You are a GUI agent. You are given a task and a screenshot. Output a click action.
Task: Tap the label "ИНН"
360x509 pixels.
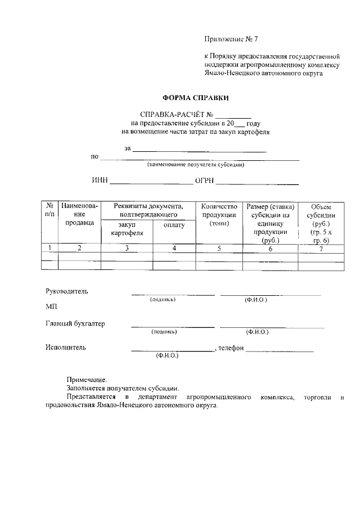(99, 181)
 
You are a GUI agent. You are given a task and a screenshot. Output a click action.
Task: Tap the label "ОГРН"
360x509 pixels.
(204, 181)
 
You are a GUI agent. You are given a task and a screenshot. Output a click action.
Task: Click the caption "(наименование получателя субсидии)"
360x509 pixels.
(195, 165)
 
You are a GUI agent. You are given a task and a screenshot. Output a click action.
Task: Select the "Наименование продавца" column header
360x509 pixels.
(79, 214)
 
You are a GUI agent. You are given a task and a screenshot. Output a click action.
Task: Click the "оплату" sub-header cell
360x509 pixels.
(174, 225)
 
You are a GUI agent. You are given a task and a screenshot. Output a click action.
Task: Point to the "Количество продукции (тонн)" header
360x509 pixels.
(218, 215)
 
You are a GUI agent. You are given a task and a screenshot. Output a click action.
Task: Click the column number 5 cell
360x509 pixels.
(218, 248)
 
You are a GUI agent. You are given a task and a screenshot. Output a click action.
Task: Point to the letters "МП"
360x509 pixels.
(51, 307)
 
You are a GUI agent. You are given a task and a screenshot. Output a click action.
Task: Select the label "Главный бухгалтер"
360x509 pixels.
(75, 323)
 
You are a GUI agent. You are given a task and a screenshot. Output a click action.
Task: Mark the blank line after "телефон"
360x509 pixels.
(279, 349)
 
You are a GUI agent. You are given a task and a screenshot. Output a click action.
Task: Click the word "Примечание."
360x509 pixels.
(87, 380)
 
